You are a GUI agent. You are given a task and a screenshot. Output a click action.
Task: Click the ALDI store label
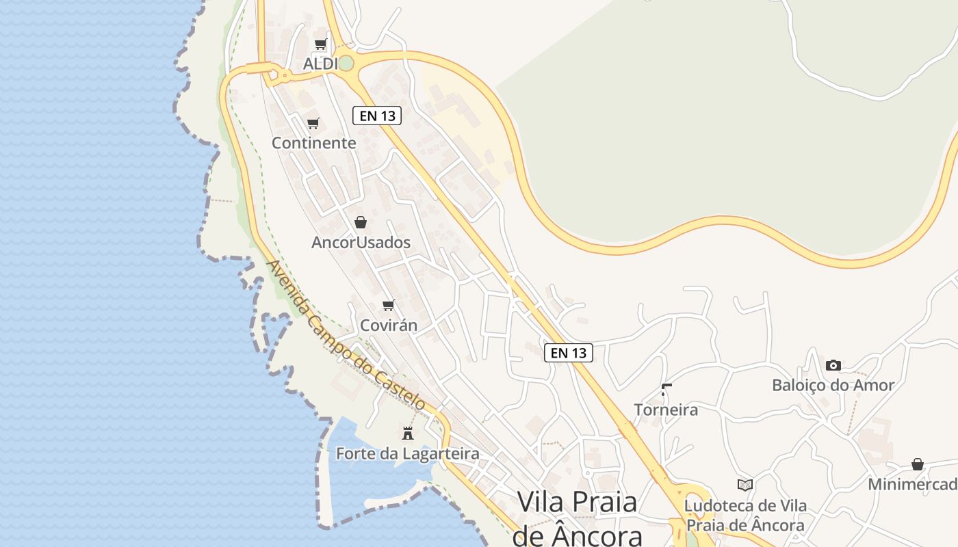(320, 64)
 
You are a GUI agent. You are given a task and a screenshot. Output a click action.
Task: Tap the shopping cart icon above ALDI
(320, 44)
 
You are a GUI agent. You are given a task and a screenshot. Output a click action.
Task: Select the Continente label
(314, 143)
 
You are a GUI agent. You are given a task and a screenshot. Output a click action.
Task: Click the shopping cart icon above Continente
(313, 124)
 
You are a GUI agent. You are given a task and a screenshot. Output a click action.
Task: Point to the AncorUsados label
(361, 242)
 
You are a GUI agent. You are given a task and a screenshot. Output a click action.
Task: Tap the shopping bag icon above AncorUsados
(361, 222)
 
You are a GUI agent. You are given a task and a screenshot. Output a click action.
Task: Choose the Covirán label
(388, 325)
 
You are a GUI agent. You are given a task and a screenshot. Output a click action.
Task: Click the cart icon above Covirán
(389, 306)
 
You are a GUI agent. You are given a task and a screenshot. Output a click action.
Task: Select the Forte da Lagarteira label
(407, 453)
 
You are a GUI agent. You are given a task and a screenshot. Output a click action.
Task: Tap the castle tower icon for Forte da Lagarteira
(408, 433)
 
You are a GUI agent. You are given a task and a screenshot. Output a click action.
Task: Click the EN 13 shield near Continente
(376, 116)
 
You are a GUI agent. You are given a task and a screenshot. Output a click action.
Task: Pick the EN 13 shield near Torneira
(568, 353)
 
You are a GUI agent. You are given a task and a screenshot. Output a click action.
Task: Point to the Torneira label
(666, 410)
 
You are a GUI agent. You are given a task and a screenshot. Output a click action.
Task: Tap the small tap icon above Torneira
(666, 390)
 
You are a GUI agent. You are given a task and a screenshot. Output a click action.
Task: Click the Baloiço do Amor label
(833, 385)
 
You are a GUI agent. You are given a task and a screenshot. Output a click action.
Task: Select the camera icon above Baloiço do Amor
(833, 365)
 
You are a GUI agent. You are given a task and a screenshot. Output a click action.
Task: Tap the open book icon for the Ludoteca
(745, 485)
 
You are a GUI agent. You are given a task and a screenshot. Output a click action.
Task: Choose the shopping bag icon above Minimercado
(918, 465)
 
